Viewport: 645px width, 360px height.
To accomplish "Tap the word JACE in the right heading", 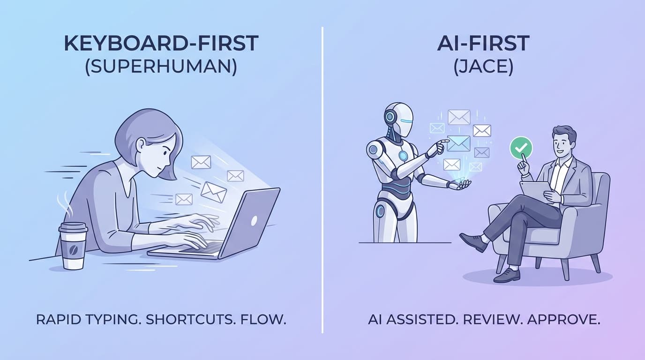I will [483, 67].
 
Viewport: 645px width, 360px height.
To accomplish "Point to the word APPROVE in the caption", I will [563, 320].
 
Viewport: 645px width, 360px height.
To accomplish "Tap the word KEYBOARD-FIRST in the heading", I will [161, 44].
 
